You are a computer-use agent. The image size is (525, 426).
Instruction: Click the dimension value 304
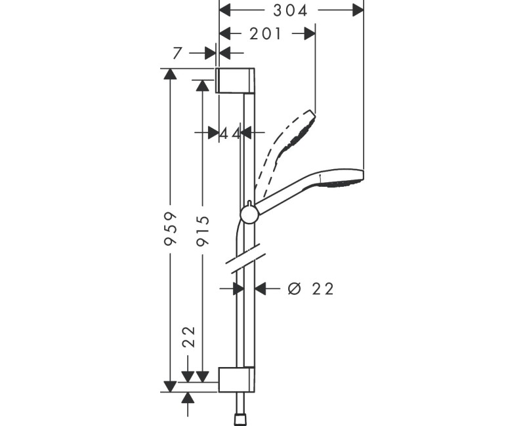coord(291,10)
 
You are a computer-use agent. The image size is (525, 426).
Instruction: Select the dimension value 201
coord(266,33)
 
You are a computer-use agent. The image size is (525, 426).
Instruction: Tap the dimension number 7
coord(177,53)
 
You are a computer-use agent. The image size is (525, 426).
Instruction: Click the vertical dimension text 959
coord(171,228)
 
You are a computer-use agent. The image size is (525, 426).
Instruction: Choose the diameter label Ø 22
coord(311,288)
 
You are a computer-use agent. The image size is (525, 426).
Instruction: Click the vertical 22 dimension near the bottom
coord(188,338)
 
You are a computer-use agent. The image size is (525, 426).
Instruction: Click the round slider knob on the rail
coord(249,214)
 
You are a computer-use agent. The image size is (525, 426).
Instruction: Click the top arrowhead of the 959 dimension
coord(171,74)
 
